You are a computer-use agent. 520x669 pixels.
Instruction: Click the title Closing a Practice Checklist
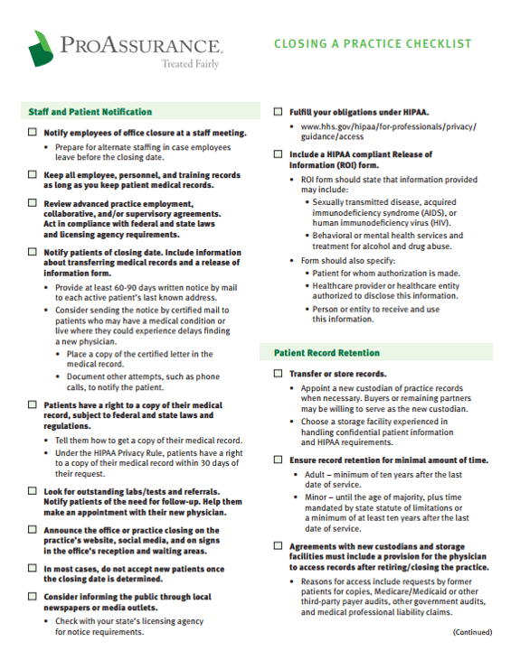point(373,43)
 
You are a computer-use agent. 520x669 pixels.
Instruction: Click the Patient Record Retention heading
point(326,352)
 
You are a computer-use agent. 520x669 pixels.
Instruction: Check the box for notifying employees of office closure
point(33,133)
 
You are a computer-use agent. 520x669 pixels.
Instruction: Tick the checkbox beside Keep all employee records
point(33,174)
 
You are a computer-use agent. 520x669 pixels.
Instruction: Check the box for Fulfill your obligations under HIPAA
point(278,112)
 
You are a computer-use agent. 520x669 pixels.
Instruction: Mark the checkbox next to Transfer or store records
point(278,374)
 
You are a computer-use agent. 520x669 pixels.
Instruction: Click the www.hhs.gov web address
point(389,132)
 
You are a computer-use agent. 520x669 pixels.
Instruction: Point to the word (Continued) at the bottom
point(472,632)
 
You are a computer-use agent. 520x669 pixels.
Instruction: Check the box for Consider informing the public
point(33,598)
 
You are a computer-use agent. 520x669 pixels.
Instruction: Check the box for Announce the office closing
point(33,531)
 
